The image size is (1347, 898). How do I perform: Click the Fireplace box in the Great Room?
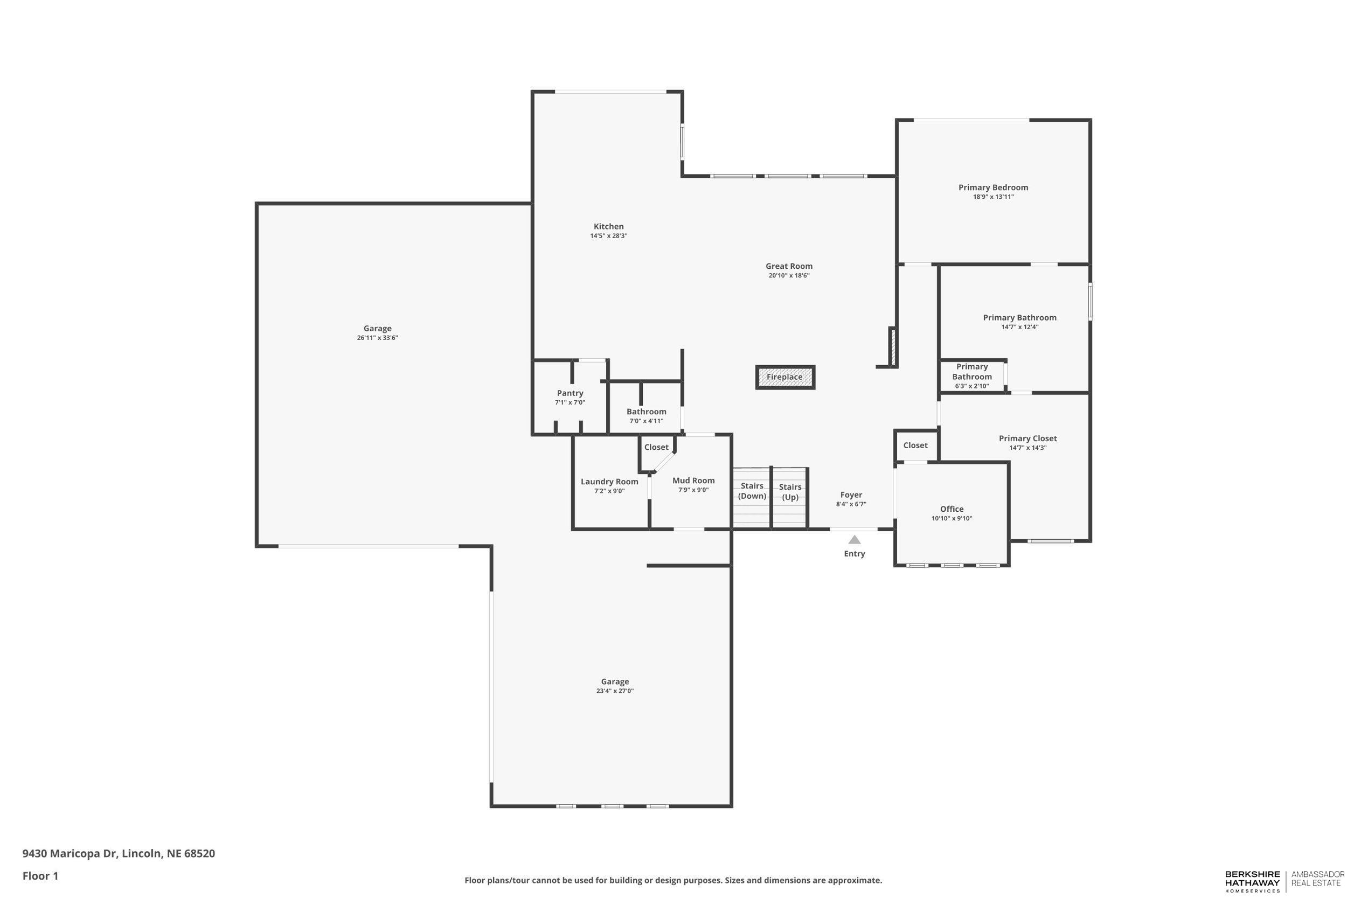tap(784, 378)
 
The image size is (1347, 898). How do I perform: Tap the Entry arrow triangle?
tap(854, 539)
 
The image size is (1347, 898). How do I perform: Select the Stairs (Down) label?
tap(752, 491)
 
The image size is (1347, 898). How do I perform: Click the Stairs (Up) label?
tap(790, 492)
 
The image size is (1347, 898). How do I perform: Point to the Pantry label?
tap(570, 393)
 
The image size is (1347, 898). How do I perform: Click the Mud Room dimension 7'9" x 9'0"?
tap(693, 490)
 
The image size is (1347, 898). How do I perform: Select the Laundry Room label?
tap(609, 482)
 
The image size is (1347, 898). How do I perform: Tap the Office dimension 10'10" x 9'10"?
tap(952, 518)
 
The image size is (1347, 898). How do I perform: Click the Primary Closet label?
tap(1027, 438)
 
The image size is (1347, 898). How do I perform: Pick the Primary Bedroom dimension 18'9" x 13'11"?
tap(993, 197)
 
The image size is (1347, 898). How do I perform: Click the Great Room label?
tap(789, 266)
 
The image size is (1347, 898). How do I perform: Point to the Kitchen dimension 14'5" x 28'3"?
tap(608, 236)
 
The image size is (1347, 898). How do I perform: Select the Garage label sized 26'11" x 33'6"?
tap(377, 329)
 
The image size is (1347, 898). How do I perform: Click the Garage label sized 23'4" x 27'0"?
tap(615, 681)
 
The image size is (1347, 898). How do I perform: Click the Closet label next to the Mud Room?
tap(656, 447)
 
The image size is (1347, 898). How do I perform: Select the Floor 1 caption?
tap(40, 876)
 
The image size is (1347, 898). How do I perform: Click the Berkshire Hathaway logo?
tap(1252, 881)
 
